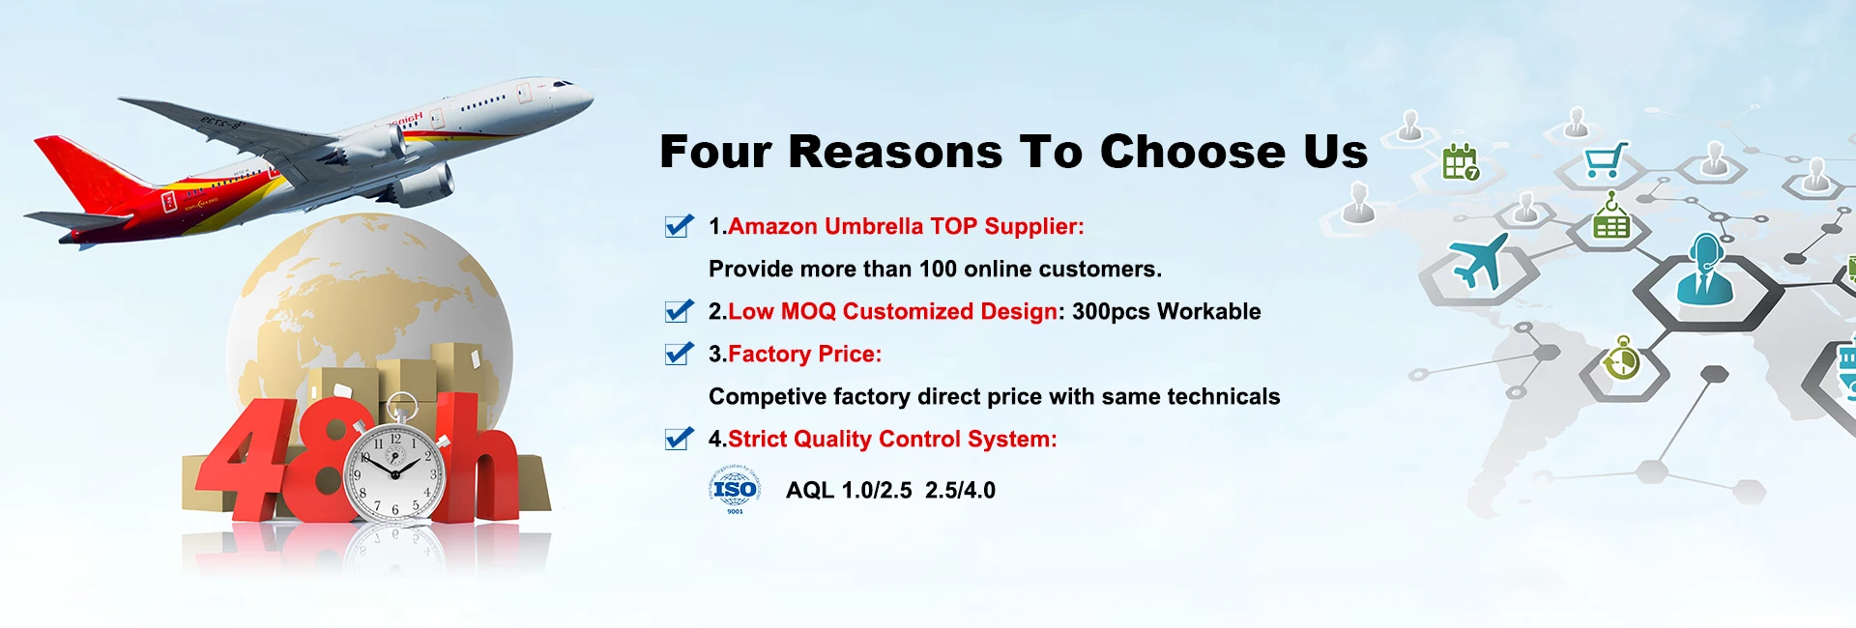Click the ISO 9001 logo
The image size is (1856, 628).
click(x=735, y=489)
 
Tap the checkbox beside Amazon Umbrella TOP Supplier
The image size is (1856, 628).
click(x=680, y=225)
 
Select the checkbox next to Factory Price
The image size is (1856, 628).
click(x=680, y=353)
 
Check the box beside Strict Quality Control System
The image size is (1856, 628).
click(x=680, y=438)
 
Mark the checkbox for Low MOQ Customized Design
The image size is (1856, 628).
click(x=680, y=310)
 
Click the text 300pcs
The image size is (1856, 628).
click(x=1111, y=311)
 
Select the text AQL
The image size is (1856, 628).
click(x=810, y=490)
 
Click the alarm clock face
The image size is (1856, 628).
click(x=395, y=471)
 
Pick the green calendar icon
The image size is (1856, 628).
click(x=1461, y=162)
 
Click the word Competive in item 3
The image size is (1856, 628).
click(x=768, y=397)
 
